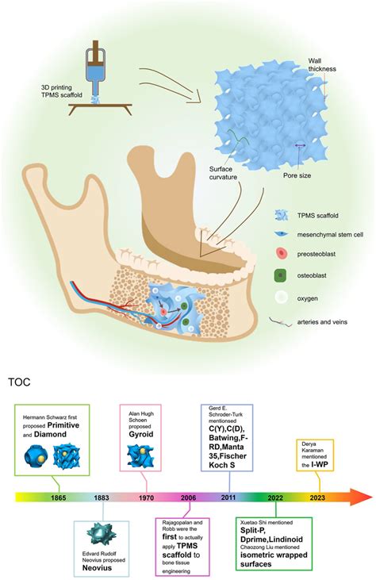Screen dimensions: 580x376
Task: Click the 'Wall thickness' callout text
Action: pyautogui.click(x=323, y=64)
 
